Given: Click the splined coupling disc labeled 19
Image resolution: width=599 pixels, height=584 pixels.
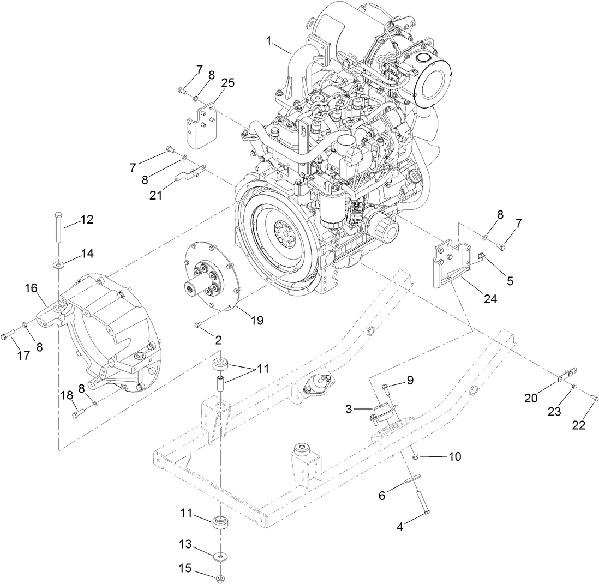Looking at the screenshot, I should click(x=212, y=276).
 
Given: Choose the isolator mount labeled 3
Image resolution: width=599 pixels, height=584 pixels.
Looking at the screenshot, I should click(x=382, y=413).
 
